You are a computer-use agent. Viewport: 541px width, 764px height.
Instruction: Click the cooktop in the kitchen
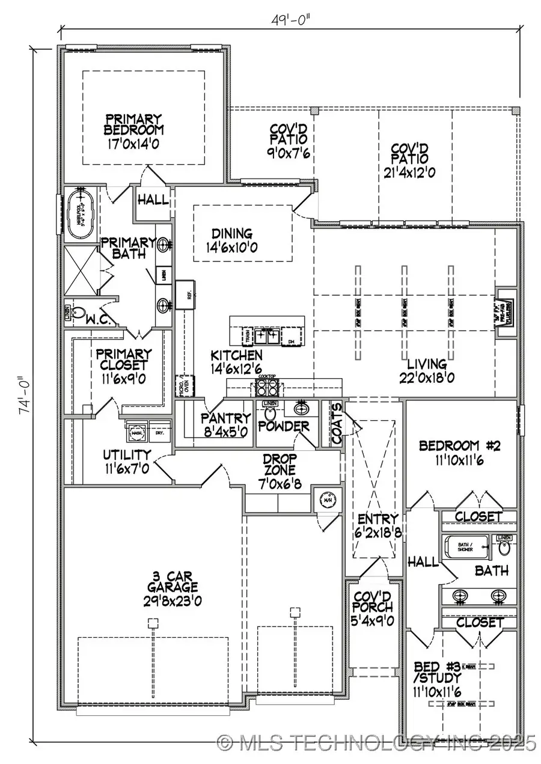click(x=265, y=385)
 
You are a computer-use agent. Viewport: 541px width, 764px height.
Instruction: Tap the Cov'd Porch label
click(x=372, y=608)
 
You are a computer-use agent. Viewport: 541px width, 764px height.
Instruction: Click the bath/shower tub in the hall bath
click(x=465, y=548)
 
